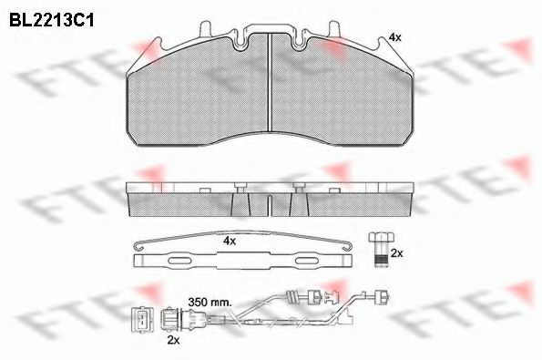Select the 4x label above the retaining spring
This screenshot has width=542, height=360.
coord(230,242)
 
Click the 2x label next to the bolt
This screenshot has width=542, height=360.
coord(396,252)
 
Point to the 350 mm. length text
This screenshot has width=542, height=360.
coord(210,298)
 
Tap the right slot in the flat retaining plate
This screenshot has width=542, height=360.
coord(296,261)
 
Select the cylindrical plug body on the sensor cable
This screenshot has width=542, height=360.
coord(172,318)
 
